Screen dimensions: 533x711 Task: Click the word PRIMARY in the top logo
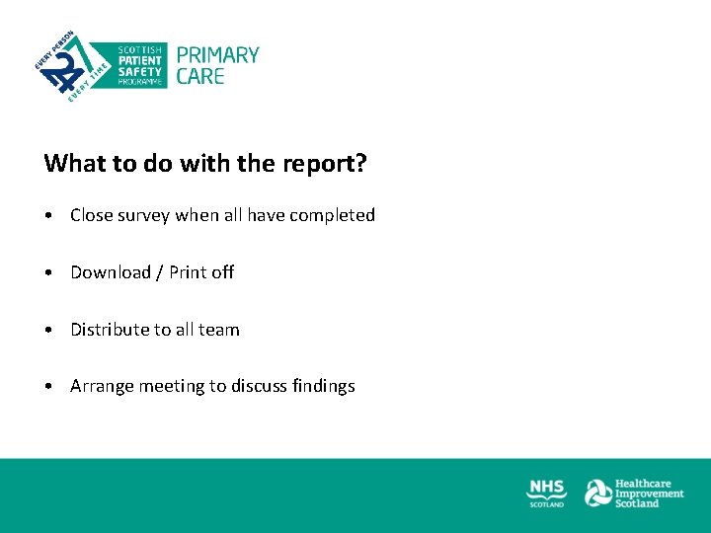point(217,55)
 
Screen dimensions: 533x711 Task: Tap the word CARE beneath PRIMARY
point(200,76)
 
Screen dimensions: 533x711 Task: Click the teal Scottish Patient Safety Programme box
point(141,65)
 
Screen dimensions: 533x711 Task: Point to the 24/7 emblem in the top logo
point(65,67)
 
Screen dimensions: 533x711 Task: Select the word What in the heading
point(71,163)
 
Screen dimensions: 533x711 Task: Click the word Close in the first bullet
point(92,215)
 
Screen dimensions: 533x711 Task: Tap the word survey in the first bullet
point(144,215)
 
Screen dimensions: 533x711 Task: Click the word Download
point(111,272)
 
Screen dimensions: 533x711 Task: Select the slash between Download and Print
point(160,272)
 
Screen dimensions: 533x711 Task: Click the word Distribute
point(110,330)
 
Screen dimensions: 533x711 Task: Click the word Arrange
point(102,387)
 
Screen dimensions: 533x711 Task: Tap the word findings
point(323,387)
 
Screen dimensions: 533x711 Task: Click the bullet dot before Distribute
point(48,331)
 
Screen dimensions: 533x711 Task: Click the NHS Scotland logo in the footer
point(546,493)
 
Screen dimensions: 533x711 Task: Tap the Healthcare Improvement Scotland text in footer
point(649,493)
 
